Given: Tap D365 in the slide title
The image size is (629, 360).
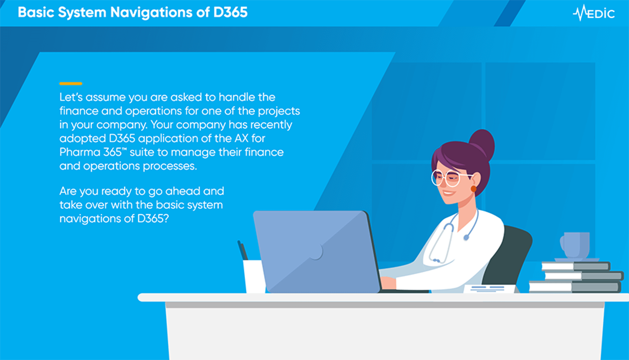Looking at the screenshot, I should (x=230, y=12).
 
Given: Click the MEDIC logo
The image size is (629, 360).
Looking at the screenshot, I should (x=594, y=13).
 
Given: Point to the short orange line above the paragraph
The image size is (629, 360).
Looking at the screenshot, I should (x=71, y=84).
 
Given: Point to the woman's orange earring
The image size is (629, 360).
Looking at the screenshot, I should (x=473, y=189).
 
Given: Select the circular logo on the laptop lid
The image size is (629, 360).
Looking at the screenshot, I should (x=315, y=251).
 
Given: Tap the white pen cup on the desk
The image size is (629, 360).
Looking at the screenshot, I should (x=254, y=276).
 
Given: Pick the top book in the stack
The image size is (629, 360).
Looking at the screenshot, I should (x=575, y=266).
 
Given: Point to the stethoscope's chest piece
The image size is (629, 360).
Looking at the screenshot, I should (x=466, y=238).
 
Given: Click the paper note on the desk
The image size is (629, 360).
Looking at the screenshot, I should (x=489, y=289).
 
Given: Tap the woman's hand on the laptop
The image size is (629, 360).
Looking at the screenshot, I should (x=387, y=283).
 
